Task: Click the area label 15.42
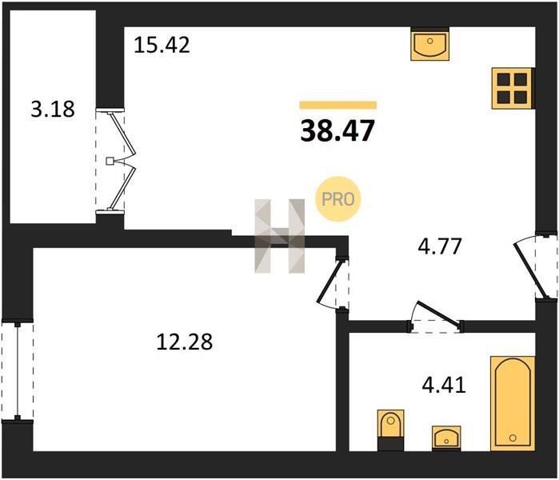point(162,45)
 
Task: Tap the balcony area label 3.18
point(53,109)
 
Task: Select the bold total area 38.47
point(337,130)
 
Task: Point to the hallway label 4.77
point(440,246)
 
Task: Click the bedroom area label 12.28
point(184,342)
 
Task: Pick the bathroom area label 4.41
point(444,385)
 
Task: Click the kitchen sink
point(429,44)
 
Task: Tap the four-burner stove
point(513,88)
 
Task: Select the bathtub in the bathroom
point(513,403)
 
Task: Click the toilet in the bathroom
point(391,430)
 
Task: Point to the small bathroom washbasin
point(446,438)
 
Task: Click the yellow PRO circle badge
point(337,199)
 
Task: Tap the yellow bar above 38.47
point(338,105)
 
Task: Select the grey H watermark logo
point(280,236)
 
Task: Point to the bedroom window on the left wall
point(17,371)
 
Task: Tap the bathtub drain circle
point(513,438)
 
